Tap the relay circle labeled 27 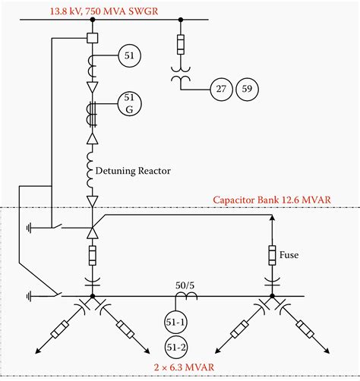point(222,90)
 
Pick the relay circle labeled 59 point(248,90)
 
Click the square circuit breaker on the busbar point(92,38)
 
